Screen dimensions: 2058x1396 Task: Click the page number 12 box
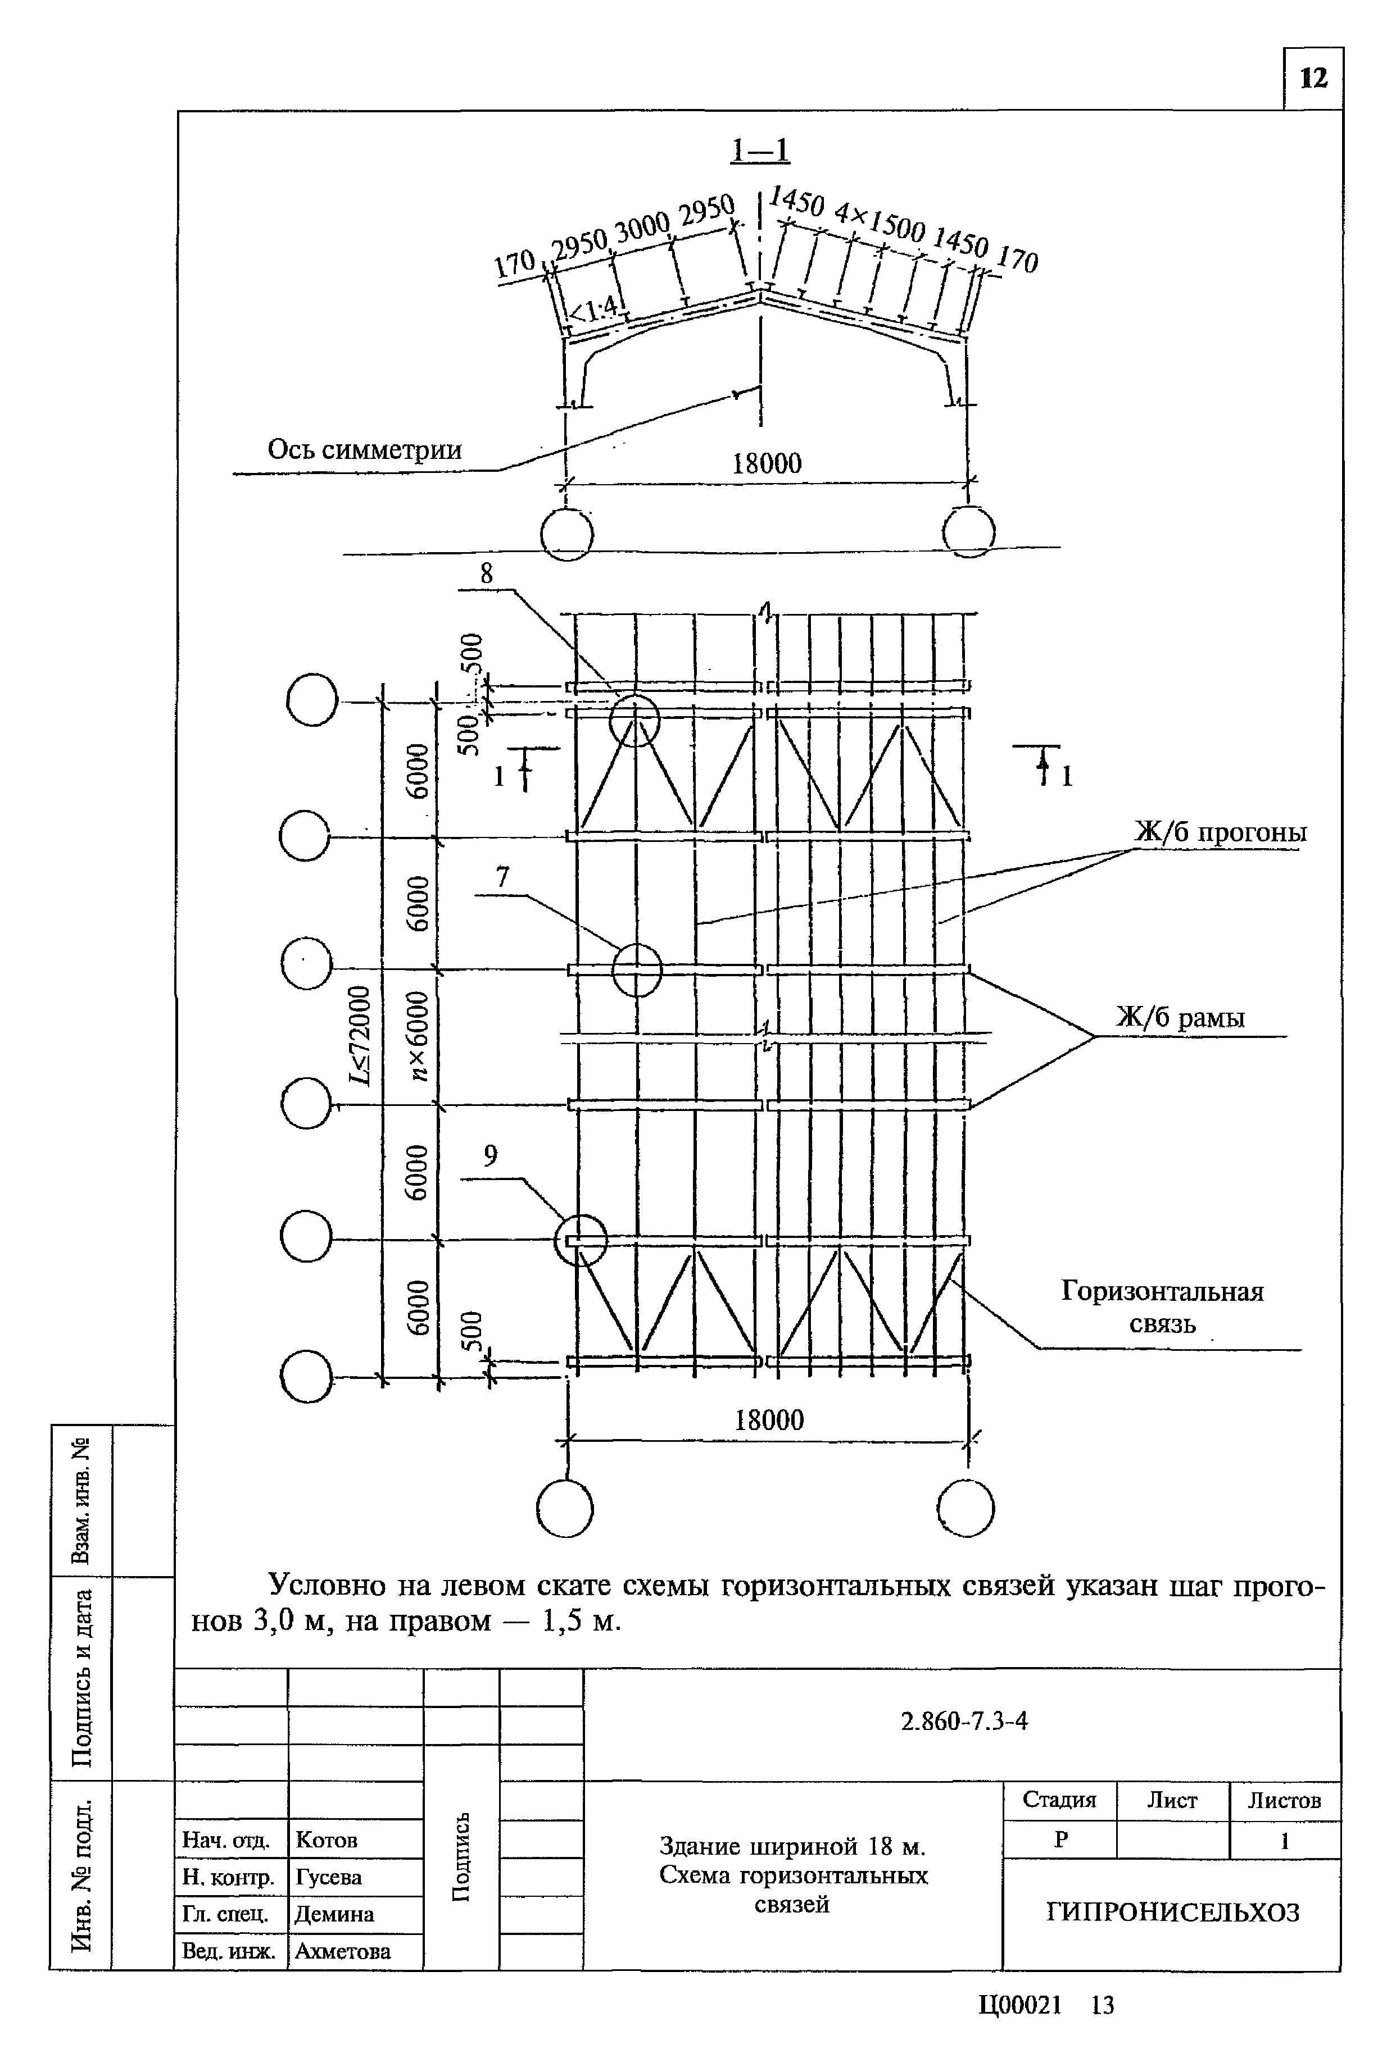(1313, 79)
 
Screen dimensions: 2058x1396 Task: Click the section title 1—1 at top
(759, 151)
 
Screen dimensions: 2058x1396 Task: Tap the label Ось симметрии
(364, 449)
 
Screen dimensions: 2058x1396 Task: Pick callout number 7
(502, 877)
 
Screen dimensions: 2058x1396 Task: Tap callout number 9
(490, 1155)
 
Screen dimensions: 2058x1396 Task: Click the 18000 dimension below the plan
(769, 1420)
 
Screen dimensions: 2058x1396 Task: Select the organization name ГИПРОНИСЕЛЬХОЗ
(1173, 1913)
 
